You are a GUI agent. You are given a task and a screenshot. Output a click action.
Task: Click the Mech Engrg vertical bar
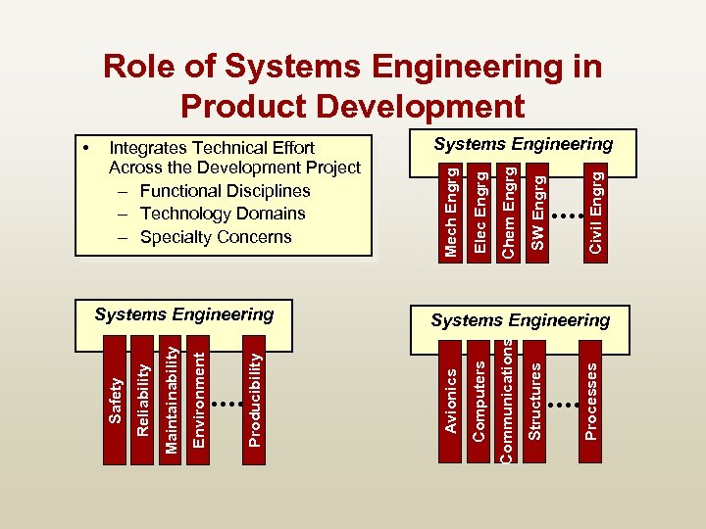click(452, 210)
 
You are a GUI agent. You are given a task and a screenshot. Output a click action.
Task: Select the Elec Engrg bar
click(480, 210)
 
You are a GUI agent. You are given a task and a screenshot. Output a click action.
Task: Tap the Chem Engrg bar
click(509, 210)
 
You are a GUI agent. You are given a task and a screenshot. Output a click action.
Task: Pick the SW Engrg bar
click(537, 210)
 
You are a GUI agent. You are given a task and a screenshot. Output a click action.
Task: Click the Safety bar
click(115, 397)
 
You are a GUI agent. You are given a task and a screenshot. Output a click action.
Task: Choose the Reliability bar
click(143, 397)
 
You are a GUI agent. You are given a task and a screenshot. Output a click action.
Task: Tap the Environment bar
click(199, 397)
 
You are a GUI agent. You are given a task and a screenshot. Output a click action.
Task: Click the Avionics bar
click(450, 397)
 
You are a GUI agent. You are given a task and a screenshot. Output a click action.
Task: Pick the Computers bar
click(479, 397)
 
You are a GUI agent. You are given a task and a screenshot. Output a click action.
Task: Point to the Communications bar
click(507, 397)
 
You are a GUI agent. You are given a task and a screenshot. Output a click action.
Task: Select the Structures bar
click(535, 397)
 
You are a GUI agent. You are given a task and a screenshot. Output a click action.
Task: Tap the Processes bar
click(591, 397)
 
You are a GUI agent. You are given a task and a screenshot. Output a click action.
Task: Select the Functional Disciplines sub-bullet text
click(225, 191)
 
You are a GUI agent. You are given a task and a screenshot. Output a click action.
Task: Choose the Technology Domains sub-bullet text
click(223, 214)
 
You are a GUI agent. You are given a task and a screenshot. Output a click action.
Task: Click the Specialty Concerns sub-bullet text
click(216, 237)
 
